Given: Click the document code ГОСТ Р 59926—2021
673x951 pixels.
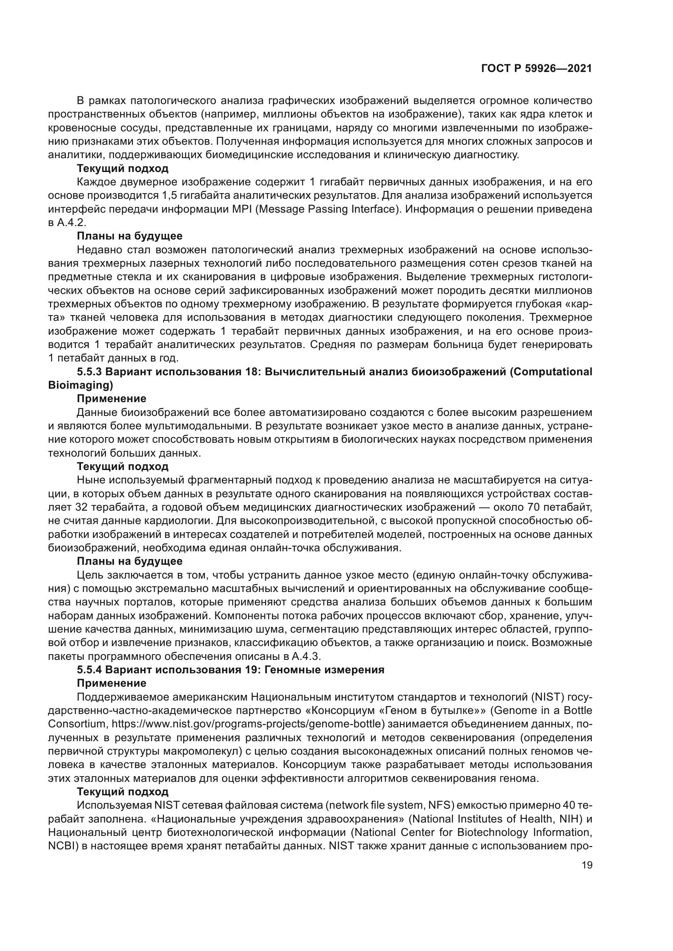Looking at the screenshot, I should [x=536, y=69].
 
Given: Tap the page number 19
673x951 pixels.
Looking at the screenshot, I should [x=587, y=865].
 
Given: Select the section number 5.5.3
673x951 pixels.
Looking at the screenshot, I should [x=90, y=372].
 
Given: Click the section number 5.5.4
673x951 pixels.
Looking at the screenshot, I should [x=90, y=670].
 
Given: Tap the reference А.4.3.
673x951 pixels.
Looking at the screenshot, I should [x=306, y=656].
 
